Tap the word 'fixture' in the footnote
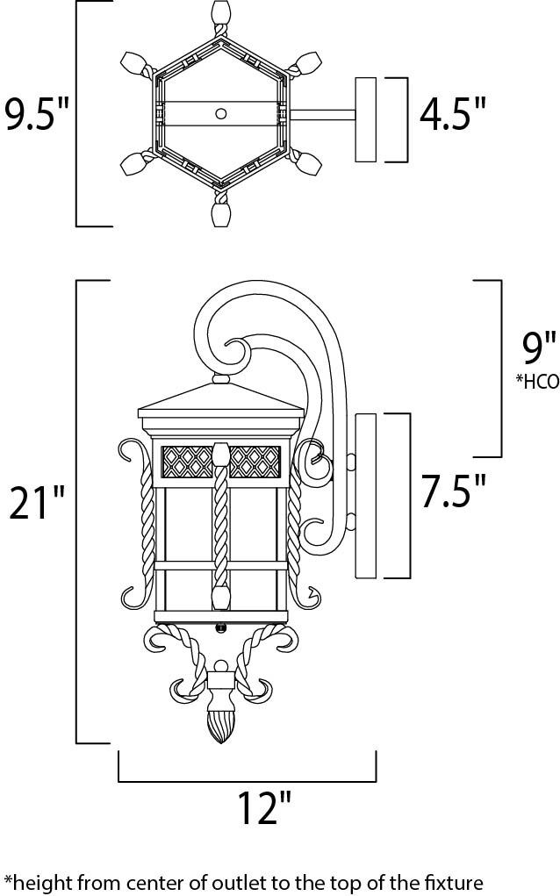pos(453,879)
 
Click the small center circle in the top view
pos(221,113)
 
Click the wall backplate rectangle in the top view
pos(365,118)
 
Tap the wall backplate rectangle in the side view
pos(365,496)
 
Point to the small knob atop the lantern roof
pos(219,381)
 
